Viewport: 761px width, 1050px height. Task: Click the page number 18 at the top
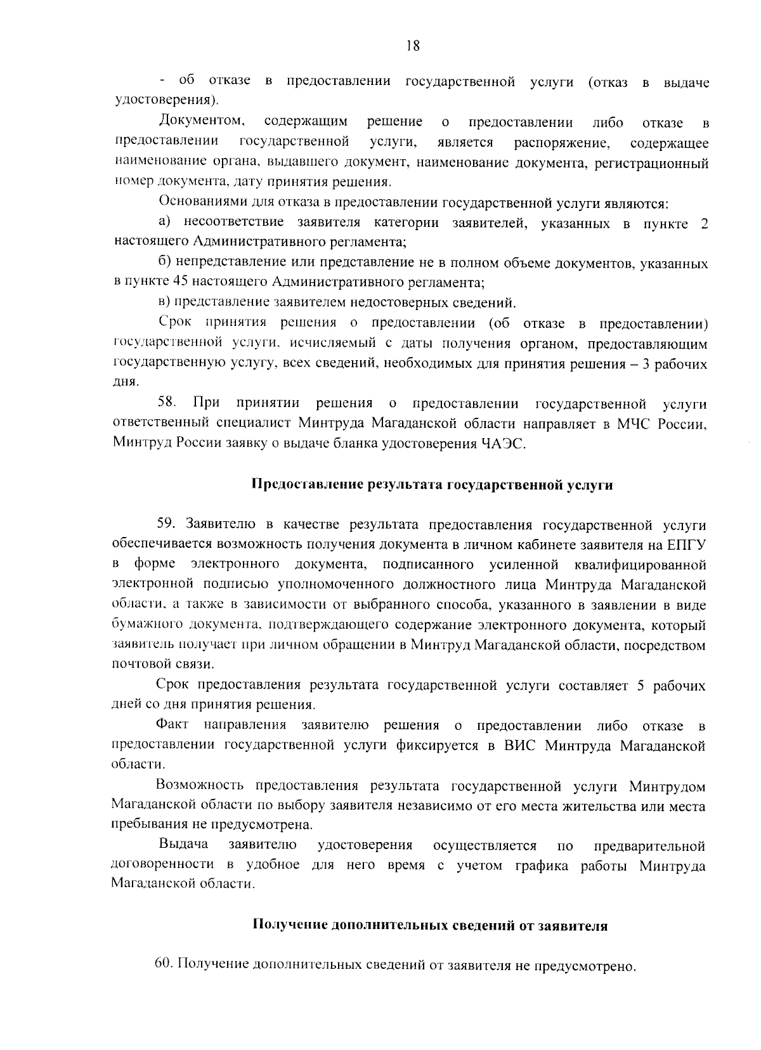coord(412,46)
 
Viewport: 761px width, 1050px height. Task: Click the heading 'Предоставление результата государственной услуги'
coord(433,485)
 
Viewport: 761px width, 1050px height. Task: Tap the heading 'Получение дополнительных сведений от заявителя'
coord(431,925)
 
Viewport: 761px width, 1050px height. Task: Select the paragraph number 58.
coord(167,404)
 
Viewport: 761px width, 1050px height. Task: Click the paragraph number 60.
coord(164,965)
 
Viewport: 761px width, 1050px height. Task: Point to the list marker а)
coord(166,223)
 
